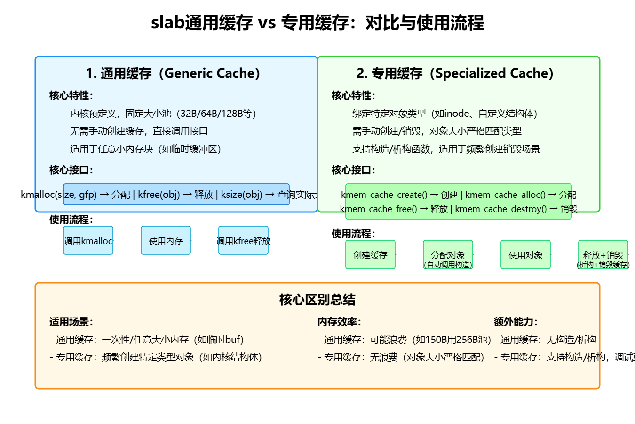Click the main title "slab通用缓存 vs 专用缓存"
[317, 23]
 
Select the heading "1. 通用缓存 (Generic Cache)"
[173, 73]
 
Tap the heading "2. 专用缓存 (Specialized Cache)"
[455, 73]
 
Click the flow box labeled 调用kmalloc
[88, 241]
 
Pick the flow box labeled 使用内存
[166, 241]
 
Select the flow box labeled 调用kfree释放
[243, 241]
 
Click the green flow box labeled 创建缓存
[370, 255]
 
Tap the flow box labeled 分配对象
[448, 255]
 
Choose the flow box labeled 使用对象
[525, 255]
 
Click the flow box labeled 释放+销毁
[603, 255]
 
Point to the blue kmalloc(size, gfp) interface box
[176, 195]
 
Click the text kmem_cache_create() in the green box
[384, 195]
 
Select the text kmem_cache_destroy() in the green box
[500, 209]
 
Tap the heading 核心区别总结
[317, 300]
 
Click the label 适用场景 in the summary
[71, 322]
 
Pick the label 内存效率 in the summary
[339, 322]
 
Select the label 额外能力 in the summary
[516, 322]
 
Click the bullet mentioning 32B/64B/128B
[160, 114]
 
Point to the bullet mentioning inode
[442, 114]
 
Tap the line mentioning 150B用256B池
[404, 340]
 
